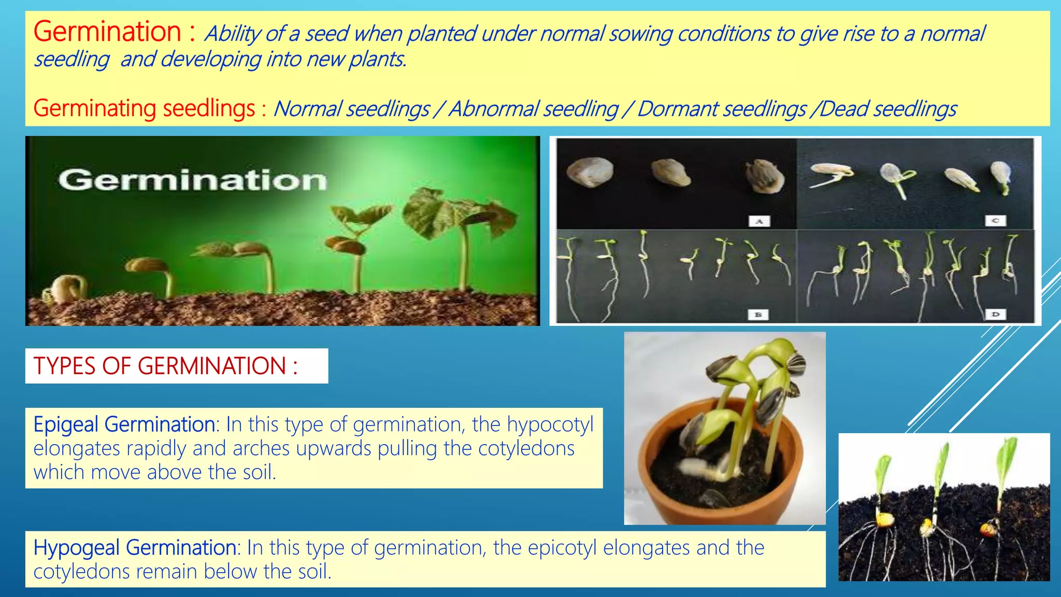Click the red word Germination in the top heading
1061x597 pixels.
point(108,32)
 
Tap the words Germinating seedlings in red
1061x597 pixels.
point(145,109)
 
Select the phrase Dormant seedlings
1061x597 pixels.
point(722,109)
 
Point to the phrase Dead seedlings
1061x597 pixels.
point(888,109)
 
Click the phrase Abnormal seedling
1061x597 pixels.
point(534,109)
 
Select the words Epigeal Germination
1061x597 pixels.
point(124,424)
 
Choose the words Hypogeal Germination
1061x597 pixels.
point(135,548)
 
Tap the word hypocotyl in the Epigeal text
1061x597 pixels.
point(550,424)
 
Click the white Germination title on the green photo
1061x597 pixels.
point(193,180)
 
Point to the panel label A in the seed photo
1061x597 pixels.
point(759,221)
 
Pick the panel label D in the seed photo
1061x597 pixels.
point(995,314)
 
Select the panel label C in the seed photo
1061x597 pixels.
point(995,221)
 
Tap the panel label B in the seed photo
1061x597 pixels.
point(758,315)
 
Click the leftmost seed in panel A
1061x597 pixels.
point(590,170)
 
